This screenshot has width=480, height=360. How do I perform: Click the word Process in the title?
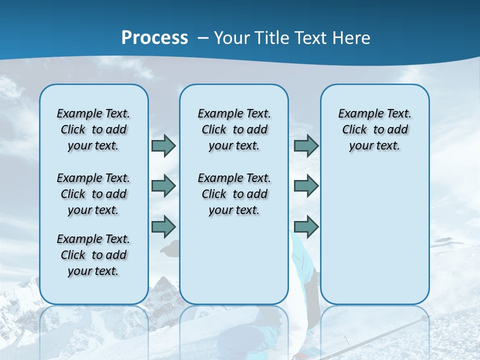pyautogui.click(x=154, y=37)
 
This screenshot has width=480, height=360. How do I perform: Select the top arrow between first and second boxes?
pyautogui.click(x=163, y=146)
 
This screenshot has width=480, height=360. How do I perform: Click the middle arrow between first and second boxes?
pyautogui.click(x=163, y=186)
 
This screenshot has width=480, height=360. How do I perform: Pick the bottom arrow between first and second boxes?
pyautogui.click(x=163, y=226)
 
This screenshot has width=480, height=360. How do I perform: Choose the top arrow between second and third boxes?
pyautogui.click(x=306, y=146)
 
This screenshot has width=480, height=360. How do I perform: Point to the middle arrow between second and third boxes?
pyautogui.click(x=306, y=186)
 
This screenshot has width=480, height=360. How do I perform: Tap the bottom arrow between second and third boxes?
pyautogui.click(x=306, y=226)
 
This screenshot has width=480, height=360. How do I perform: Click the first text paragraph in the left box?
pyautogui.click(x=93, y=129)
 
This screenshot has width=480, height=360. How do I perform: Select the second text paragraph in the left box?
pyautogui.click(x=93, y=194)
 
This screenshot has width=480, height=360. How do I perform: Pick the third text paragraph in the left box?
pyautogui.click(x=93, y=255)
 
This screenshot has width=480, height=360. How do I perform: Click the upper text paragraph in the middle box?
pyautogui.click(x=234, y=129)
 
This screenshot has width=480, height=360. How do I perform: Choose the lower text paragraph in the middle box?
pyautogui.click(x=234, y=194)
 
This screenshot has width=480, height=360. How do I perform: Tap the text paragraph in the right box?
pyautogui.click(x=375, y=129)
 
